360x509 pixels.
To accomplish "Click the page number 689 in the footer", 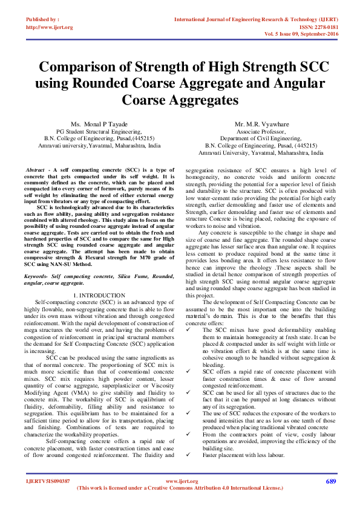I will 330,482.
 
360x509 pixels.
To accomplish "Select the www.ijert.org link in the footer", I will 181,482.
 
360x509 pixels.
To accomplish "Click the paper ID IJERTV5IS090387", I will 48,482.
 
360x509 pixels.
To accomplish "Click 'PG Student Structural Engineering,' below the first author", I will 102,131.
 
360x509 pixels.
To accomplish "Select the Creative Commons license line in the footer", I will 180,488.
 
